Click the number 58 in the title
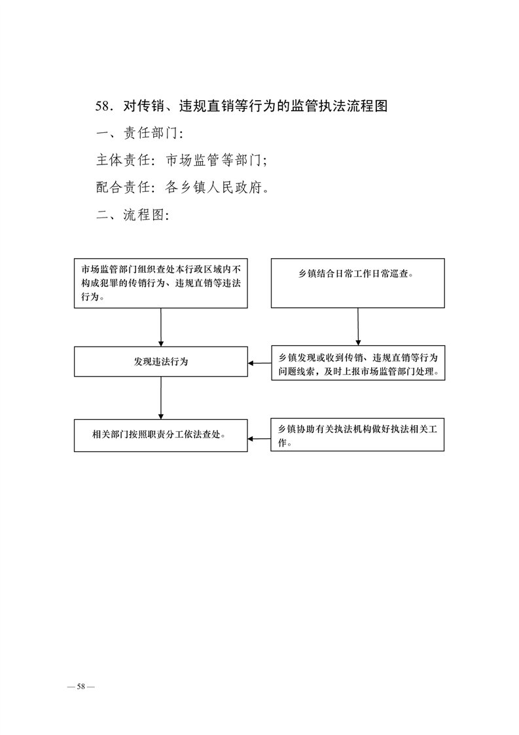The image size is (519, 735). coord(102,106)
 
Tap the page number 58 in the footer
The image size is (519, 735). coord(81,687)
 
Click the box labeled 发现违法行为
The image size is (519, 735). coord(160,362)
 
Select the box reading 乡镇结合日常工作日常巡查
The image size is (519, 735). coord(358,282)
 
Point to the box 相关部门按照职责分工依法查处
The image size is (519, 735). coord(160,436)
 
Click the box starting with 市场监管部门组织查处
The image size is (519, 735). coord(160,283)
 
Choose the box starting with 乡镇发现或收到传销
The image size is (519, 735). coord(359,363)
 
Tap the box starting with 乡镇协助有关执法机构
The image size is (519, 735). coord(357,434)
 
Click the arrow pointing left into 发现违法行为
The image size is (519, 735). coord(259,363)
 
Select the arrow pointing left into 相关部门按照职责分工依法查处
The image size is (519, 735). coord(259,439)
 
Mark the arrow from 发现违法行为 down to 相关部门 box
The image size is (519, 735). coord(160,398)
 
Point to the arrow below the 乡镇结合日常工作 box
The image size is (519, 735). coord(358,327)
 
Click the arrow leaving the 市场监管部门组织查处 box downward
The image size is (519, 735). coord(160,327)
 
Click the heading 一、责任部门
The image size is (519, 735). coord(139,133)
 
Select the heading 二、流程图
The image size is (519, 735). coord(133,215)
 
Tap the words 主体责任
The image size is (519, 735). coord(123,160)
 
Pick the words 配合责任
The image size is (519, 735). coord(123,187)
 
